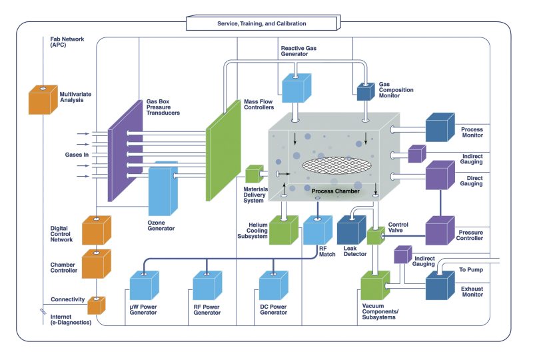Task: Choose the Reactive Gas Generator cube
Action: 296,87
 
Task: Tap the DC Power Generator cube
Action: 273,285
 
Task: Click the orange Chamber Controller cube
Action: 96,264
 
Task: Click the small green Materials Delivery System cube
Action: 254,175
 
